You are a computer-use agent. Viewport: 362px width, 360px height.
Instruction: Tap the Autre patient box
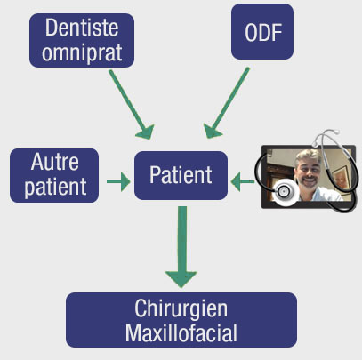54,175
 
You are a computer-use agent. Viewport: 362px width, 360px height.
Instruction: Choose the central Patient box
181,175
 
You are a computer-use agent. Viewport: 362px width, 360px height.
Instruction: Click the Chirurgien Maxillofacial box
181,320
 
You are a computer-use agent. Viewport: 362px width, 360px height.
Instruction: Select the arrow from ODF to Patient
229,102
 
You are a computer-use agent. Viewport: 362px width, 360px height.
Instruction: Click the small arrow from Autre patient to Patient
117,183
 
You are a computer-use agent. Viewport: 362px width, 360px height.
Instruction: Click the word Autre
54,164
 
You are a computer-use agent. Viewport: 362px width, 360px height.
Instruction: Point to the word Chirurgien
181,308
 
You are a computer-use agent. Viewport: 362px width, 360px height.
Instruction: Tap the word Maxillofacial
181,332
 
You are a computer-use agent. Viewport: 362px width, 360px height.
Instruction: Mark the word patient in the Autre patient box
54,187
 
